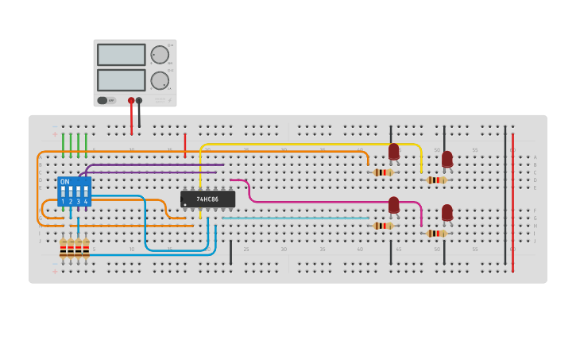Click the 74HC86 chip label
pos(207,199)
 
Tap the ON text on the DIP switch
pos(65,182)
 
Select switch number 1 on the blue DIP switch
pos(63,193)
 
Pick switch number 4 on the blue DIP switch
pos(86,193)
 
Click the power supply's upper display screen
pos(121,55)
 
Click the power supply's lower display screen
pos(121,80)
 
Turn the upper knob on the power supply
pos(160,55)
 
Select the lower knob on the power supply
pos(160,80)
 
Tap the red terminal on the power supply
pos(131,101)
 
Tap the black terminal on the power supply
pos(139,101)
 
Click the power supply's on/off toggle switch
pos(102,101)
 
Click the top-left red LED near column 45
pos(393,152)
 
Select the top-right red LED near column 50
pos(447,159)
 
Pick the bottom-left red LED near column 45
pos(393,205)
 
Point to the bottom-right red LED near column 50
pos(447,213)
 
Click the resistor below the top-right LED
pos(435,180)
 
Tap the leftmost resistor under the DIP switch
pos(64,249)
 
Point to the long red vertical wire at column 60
pos(512,207)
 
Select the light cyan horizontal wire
pos(294,218)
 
